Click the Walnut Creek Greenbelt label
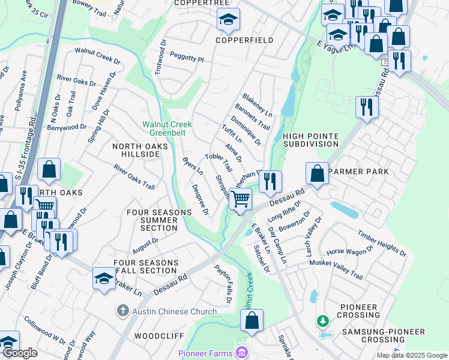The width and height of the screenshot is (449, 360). [167, 129]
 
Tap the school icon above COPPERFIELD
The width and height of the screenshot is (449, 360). [228, 21]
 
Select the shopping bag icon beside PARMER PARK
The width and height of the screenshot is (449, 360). [317, 175]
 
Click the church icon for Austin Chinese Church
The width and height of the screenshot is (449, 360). [122, 311]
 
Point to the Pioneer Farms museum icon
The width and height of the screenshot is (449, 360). [243, 352]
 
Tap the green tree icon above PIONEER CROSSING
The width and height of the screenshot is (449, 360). [323, 322]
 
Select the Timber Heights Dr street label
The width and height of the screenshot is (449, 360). [382, 243]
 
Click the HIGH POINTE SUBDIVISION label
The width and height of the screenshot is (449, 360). [311, 140]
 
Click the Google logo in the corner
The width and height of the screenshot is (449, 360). [20, 353]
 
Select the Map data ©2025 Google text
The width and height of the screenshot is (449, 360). [411, 355]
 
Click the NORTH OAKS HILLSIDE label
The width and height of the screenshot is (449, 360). [136, 150]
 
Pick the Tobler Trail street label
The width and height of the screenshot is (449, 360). [218, 164]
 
